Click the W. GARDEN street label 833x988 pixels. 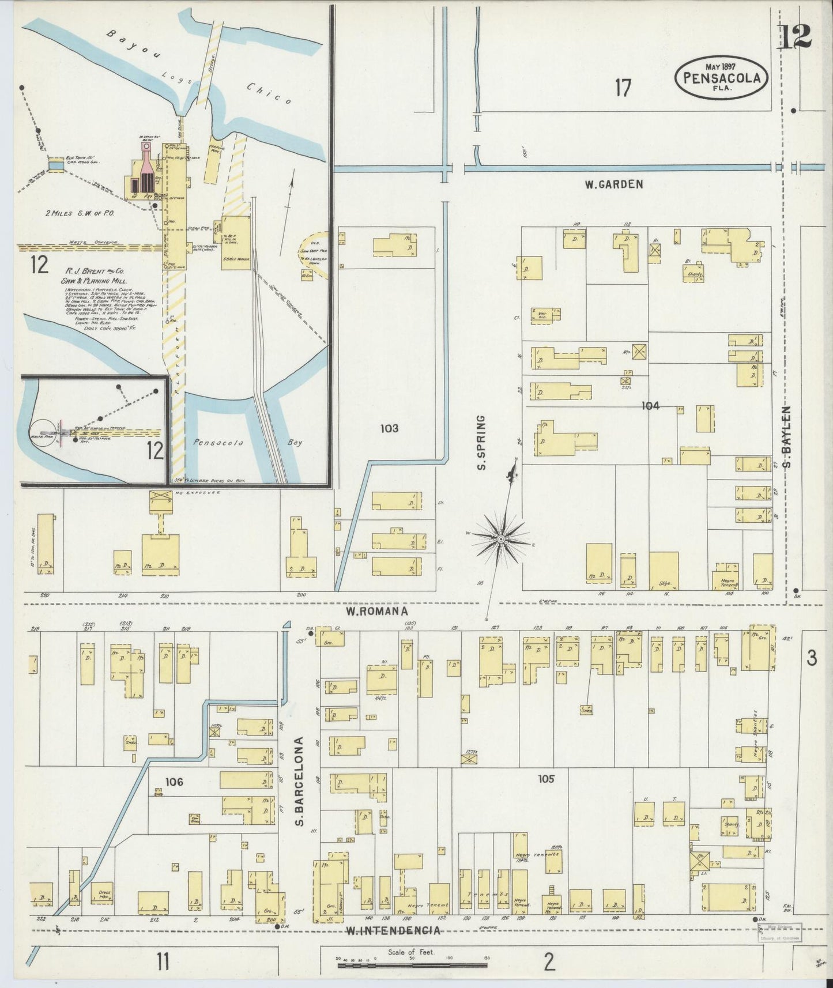coord(613,184)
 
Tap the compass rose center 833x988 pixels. coord(501,538)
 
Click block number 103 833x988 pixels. coord(389,428)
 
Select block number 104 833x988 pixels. coord(650,406)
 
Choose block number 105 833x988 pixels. coord(546,779)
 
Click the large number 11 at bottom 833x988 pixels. coord(163,961)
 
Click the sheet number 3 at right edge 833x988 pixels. coord(812,658)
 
